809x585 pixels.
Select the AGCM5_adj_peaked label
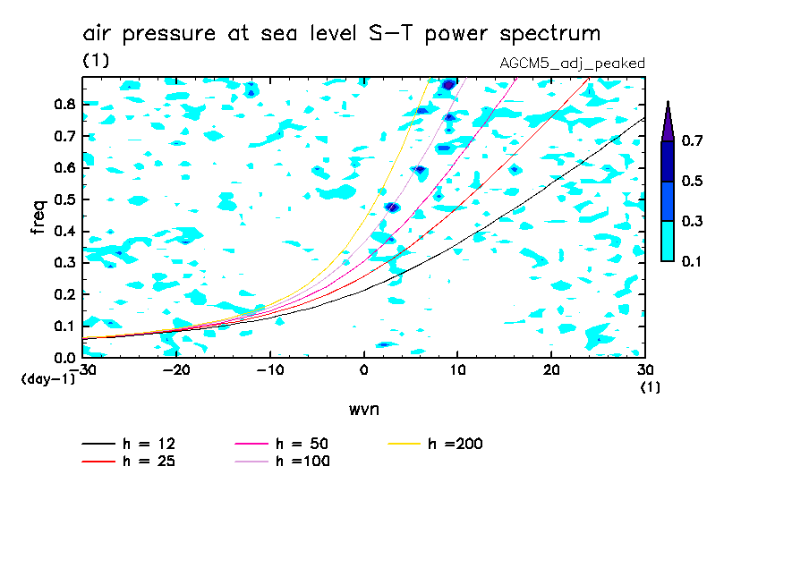573,63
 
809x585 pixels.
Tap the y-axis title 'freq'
38,217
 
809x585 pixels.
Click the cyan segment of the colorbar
668,241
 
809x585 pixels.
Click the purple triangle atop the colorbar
668,123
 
